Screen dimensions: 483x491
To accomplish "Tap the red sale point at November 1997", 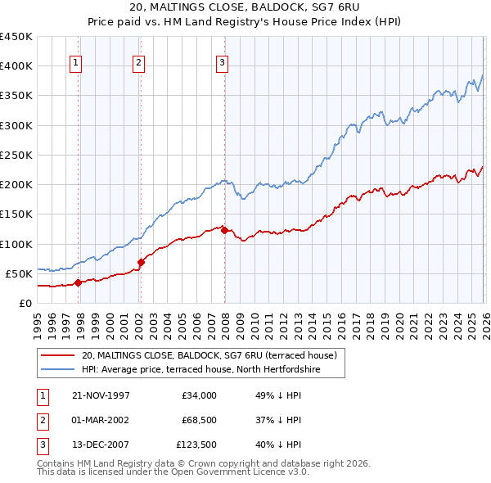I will point(79,282).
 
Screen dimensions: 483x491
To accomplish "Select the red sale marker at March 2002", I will point(141,263).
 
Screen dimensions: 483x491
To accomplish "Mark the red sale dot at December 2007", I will point(225,230).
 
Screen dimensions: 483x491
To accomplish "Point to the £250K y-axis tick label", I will point(16,155).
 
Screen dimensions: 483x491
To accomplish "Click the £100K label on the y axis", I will point(16,244).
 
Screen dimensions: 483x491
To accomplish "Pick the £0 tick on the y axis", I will point(24,303).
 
